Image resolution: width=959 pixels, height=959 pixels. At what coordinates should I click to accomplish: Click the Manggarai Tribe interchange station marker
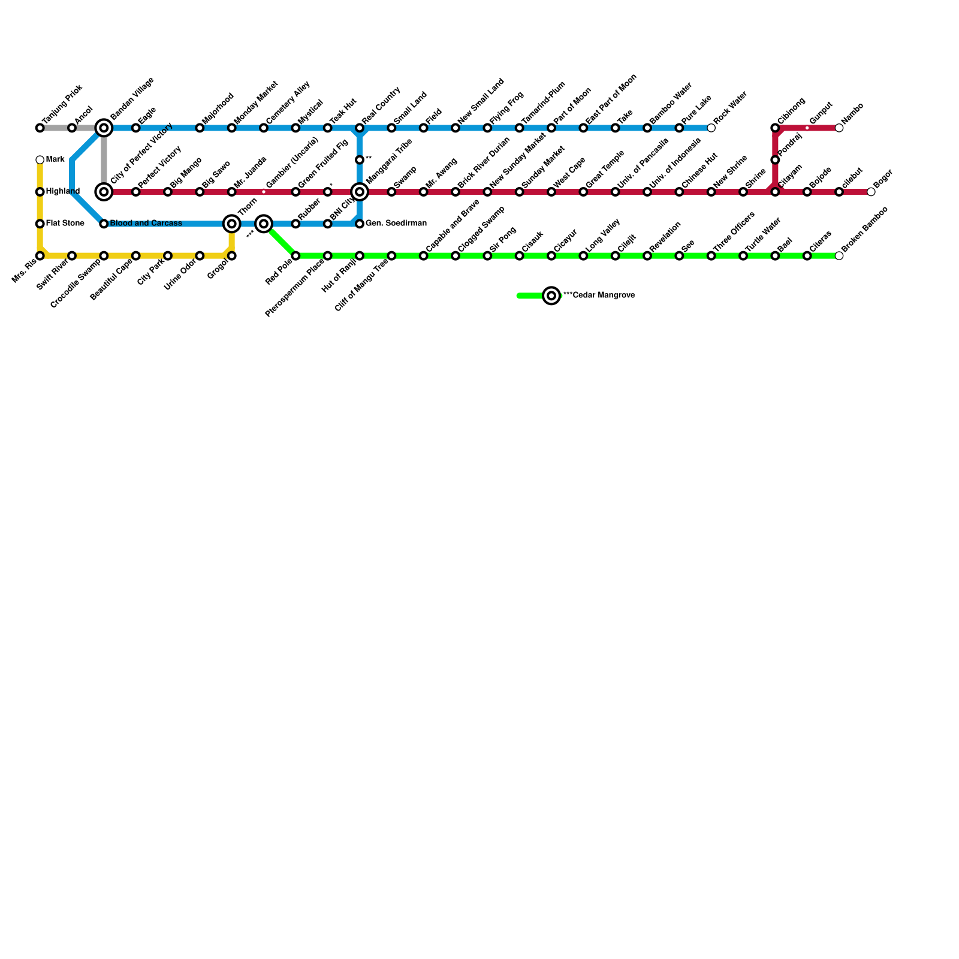click(x=360, y=192)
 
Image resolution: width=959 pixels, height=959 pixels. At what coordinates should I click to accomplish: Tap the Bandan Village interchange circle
click(x=104, y=128)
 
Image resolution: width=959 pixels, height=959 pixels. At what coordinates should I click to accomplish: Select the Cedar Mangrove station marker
click(x=551, y=295)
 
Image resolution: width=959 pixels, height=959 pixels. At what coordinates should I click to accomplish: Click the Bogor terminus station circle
click(x=871, y=192)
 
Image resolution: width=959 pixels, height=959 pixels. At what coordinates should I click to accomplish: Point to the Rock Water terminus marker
click(x=711, y=128)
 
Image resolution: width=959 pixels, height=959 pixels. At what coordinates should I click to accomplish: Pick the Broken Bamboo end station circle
click(x=839, y=256)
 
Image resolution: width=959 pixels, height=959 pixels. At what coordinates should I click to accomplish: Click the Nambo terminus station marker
click(x=839, y=128)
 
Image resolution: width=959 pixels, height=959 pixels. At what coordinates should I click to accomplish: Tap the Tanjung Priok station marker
click(x=40, y=128)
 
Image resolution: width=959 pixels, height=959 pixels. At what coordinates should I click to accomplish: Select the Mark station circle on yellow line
click(x=40, y=160)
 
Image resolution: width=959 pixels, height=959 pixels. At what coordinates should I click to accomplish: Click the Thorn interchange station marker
click(x=231, y=224)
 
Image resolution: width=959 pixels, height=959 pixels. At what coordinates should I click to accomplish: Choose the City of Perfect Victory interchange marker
click(x=104, y=192)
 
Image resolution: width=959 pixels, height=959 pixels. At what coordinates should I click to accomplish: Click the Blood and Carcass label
click(x=146, y=224)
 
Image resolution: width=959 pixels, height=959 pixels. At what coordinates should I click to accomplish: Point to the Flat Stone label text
click(x=65, y=224)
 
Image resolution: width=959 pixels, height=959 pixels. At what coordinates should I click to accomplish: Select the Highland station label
click(x=62, y=192)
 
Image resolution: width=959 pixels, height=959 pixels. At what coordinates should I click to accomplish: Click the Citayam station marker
click(x=775, y=192)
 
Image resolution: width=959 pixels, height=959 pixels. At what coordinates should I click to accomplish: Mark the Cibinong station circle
click(x=775, y=128)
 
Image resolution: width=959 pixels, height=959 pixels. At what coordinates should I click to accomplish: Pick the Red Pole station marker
click(x=295, y=256)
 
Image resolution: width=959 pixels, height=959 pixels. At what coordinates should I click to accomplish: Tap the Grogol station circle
click(x=231, y=256)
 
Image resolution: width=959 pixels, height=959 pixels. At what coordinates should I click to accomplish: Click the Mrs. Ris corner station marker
click(x=40, y=256)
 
